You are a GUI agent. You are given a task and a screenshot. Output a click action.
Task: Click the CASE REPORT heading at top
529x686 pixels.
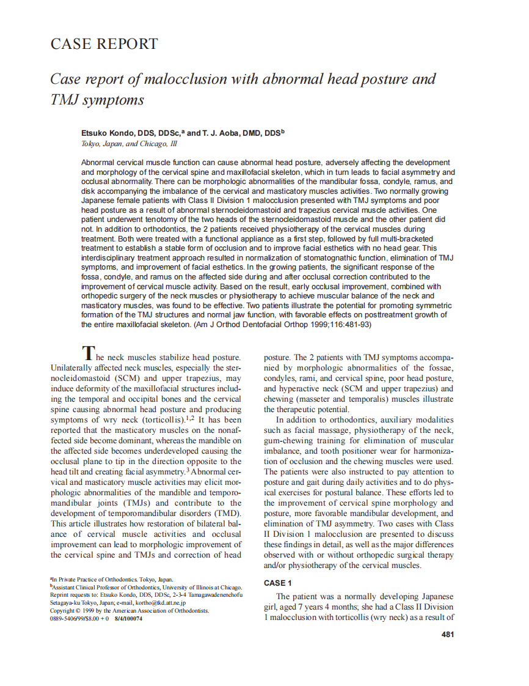click(x=104, y=44)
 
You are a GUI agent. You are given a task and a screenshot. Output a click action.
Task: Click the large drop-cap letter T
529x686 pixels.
click(x=89, y=353)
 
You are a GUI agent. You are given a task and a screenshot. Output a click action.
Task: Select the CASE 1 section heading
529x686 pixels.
click(x=277, y=583)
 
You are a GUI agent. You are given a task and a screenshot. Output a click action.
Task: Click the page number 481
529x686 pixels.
click(x=447, y=634)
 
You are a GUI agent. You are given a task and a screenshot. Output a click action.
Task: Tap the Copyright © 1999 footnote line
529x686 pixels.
click(x=129, y=610)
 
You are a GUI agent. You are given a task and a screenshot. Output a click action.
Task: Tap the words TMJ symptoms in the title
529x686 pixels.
click(x=97, y=99)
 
